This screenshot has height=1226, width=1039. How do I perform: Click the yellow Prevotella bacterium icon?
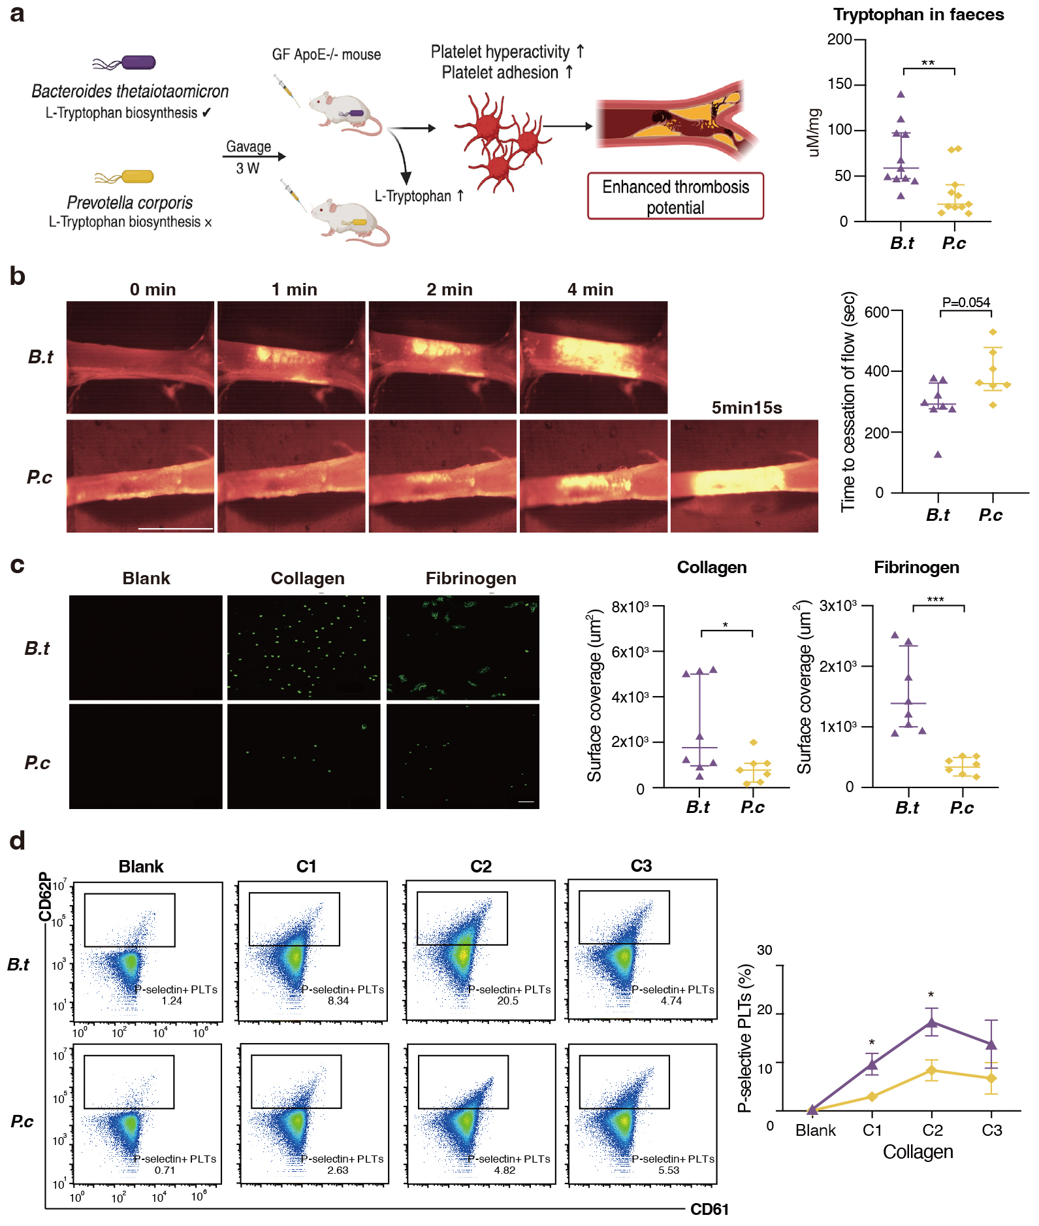[x=136, y=176]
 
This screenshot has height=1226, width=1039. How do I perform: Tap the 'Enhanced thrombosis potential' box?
[x=675, y=196]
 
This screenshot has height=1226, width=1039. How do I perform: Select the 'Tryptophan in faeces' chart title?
[x=918, y=14]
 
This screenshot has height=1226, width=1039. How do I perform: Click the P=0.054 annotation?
[x=966, y=303]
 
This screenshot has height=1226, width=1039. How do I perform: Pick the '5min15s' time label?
[x=746, y=408]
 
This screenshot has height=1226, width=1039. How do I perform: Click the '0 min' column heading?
[x=153, y=290]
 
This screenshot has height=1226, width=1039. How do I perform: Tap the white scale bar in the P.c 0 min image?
[x=176, y=528]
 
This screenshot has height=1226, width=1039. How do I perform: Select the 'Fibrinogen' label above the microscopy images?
[x=471, y=578]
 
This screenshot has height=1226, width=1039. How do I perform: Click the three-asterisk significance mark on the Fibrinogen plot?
[x=935, y=599]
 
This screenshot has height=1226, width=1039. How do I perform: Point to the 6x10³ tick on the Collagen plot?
[x=630, y=652]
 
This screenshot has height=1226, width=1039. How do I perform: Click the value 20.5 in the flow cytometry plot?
[x=507, y=1001]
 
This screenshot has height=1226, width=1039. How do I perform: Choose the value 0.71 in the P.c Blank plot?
[x=165, y=1170]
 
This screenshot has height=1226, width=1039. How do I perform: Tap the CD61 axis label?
[x=709, y=1209]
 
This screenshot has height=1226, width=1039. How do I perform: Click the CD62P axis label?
[x=44, y=896]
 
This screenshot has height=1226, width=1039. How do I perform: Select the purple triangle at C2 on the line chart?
[x=932, y=1023]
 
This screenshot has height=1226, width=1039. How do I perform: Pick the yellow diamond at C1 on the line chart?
[x=872, y=1096]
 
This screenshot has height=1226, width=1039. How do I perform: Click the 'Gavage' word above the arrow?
[x=248, y=146]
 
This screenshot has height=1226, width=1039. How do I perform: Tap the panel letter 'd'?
[x=18, y=840]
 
